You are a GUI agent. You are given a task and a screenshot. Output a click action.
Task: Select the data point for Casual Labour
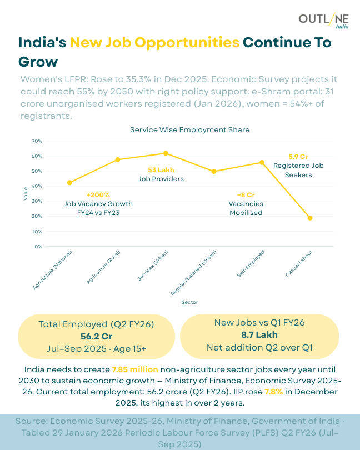point(310,218)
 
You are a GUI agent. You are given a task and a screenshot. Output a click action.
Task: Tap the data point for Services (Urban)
point(166,153)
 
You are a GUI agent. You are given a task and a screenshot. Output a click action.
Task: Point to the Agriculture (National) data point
point(69,183)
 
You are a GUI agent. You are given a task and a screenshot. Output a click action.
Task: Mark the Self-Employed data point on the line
point(262,162)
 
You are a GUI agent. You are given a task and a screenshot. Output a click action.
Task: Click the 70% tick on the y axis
point(37,141)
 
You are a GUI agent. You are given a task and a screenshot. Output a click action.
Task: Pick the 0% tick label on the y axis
point(38,246)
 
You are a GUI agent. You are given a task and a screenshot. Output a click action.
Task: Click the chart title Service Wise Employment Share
point(189,130)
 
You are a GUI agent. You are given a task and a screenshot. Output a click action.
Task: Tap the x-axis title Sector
point(189,302)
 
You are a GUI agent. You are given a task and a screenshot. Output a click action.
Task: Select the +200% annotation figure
point(98,195)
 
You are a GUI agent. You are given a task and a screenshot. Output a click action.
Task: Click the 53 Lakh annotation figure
point(161,170)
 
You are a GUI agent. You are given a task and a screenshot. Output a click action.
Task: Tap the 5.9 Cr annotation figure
point(298,157)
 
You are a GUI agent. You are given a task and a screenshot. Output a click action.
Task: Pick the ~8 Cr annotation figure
point(246,195)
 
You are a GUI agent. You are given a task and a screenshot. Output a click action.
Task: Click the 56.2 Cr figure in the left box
point(96,336)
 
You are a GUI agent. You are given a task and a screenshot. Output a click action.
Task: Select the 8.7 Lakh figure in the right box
point(259,335)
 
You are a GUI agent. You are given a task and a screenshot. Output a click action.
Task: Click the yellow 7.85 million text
point(135,369)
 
